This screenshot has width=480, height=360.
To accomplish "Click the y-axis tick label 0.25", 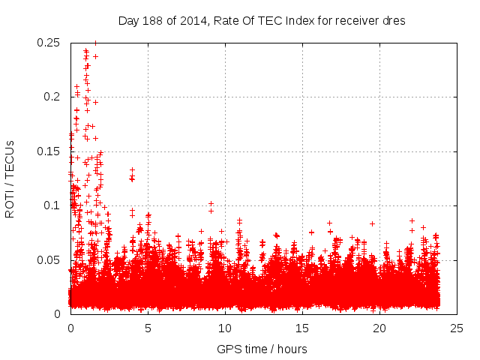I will tap(49, 43).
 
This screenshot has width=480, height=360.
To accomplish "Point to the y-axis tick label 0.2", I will tap(52, 97).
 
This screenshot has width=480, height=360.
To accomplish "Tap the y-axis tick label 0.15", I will tap(49, 151).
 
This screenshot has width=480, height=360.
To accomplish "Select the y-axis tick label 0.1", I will tap(52, 205).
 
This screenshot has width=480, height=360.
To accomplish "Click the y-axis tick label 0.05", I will tap(49, 259).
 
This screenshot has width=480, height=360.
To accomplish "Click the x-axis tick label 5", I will tap(148, 328).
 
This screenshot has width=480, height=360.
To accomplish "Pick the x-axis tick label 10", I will tap(225, 328).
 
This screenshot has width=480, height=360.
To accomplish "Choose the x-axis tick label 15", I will tap(302, 328).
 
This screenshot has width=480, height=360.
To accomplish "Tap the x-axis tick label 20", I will tap(379, 328).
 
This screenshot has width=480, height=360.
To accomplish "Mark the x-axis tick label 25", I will tap(457, 328).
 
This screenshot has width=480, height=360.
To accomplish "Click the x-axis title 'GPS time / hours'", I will tap(262, 349).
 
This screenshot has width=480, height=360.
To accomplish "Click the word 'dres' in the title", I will tap(394, 21).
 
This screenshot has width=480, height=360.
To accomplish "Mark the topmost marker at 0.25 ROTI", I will tap(94, 43).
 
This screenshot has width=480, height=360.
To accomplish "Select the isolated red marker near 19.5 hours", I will tap(372, 223).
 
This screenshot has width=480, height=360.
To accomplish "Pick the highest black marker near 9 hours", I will tap(211, 203).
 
